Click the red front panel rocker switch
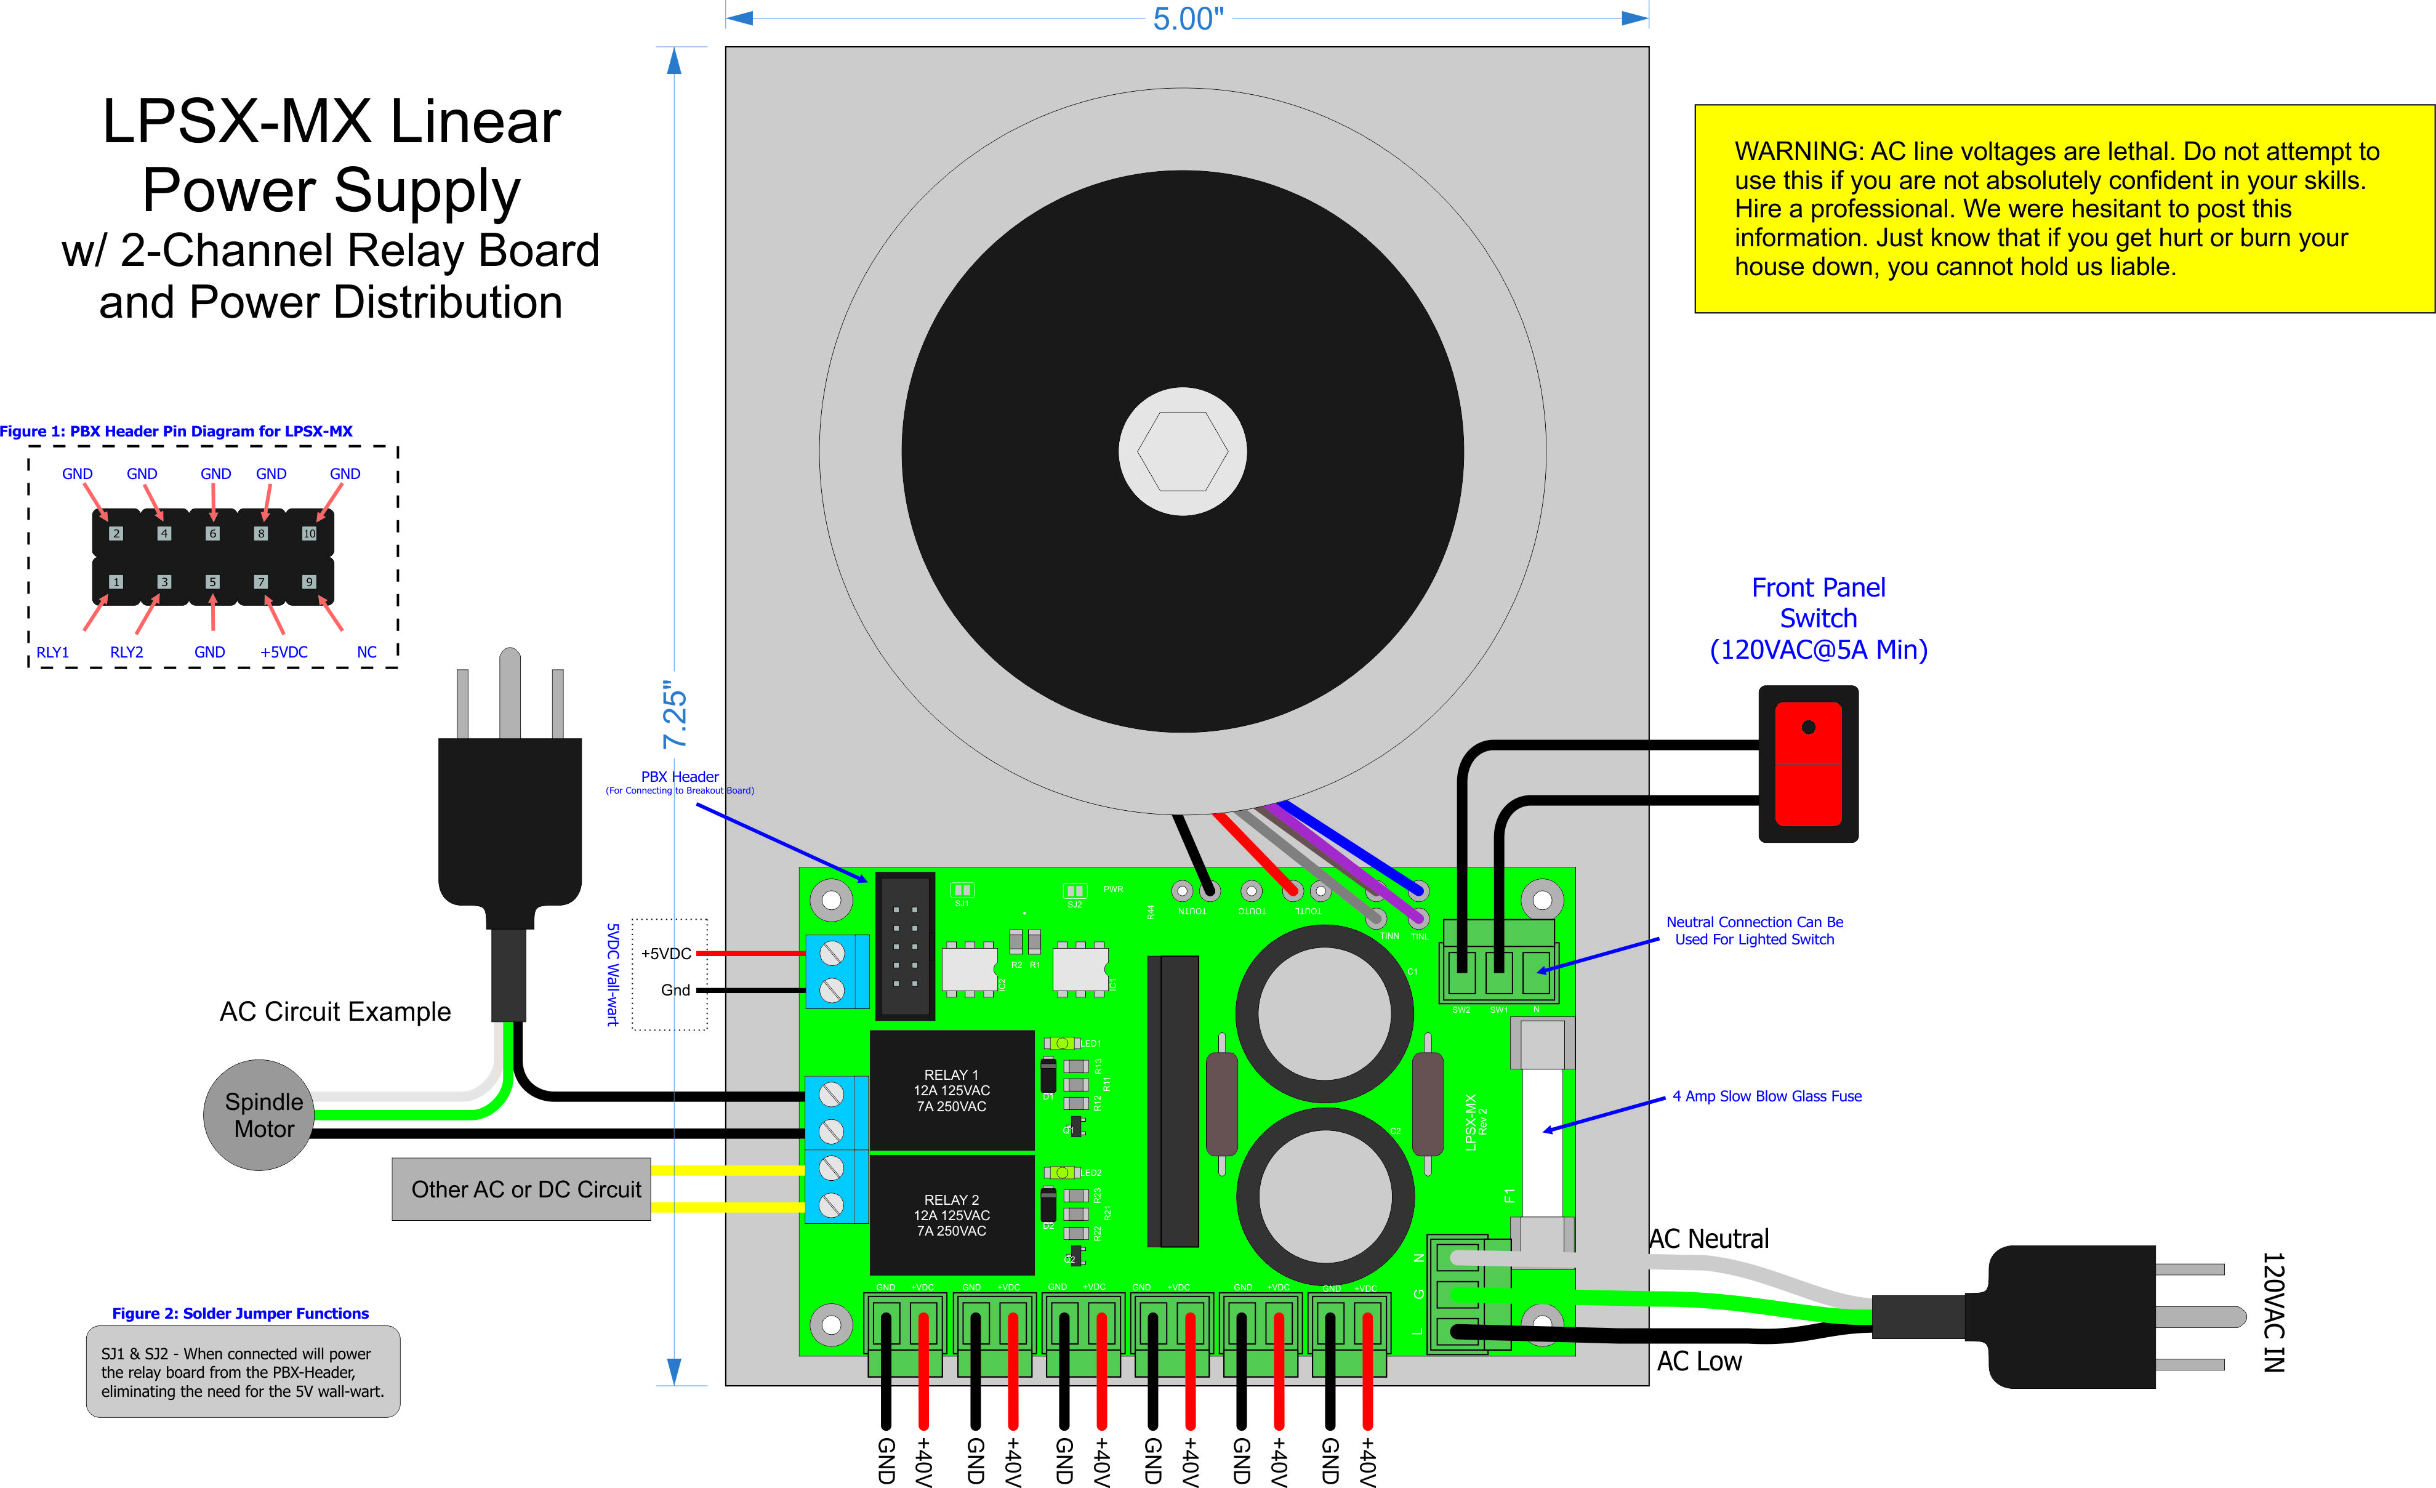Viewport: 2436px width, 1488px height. click(x=1808, y=764)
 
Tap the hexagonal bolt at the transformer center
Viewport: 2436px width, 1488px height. click(x=1183, y=451)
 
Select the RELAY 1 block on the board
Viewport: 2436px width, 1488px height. click(x=951, y=1090)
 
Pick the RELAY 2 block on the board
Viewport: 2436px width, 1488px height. click(x=951, y=1215)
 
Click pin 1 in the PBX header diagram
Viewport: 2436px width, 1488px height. click(x=116, y=582)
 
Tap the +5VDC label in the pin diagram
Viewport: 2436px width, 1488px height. click(x=284, y=653)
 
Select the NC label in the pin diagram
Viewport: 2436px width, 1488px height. click(x=367, y=653)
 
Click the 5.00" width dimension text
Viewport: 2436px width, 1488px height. click(x=1188, y=19)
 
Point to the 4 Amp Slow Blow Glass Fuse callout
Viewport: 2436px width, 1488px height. click(x=1767, y=1096)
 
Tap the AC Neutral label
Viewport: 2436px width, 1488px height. click(x=1708, y=1239)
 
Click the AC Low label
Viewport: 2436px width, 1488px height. click(x=1700, y=1361)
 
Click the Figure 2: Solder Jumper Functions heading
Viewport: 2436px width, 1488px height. click(x=240, y=1314)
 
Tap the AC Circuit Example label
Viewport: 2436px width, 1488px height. click(x=335, y=1011)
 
